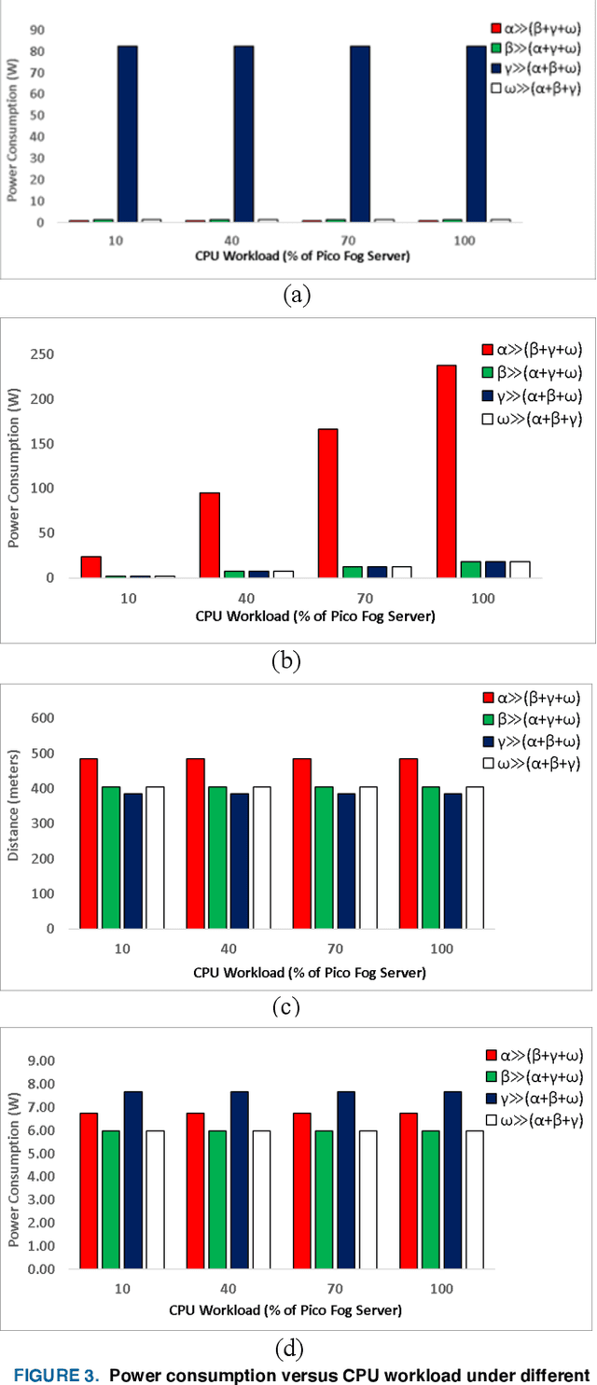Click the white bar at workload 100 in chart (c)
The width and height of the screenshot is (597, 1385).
(x=474, y=857)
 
